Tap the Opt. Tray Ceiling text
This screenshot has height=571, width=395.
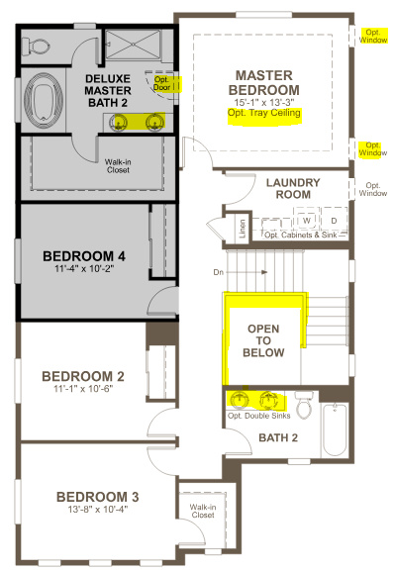point(264,114)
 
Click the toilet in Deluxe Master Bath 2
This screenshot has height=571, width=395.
point(39,44)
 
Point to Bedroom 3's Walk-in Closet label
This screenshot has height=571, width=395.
point(202,512)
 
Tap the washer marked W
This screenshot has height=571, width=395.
point(308,220)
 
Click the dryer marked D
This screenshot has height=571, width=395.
point(333,220)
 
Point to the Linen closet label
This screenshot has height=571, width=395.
point(243,229)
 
